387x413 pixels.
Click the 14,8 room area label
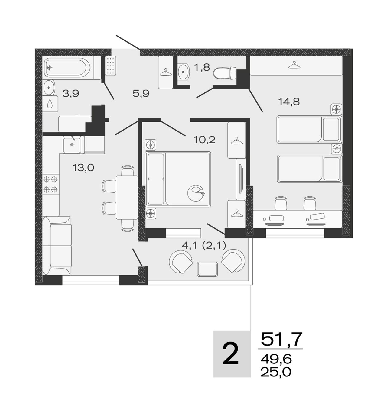(x=289, y=102)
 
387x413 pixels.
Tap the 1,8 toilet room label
(x=202, y=67)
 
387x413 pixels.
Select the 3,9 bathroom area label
(x=71, y=94)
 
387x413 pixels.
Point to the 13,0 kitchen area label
(x=83, y=167)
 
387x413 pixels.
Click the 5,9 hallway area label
(x=141, y=94)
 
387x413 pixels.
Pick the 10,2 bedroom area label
(x=204, y=140)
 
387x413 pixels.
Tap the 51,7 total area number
(x=281, y=339)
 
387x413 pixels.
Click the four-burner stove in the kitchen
(x=50, y=184)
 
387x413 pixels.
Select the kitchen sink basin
(x=72, y=145)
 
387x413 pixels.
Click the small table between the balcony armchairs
(x=207, y=269)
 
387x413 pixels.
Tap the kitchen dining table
(x=127, y=197)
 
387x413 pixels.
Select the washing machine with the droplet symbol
(x=50, y=104)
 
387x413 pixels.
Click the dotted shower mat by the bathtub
(x=110, y=66)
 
